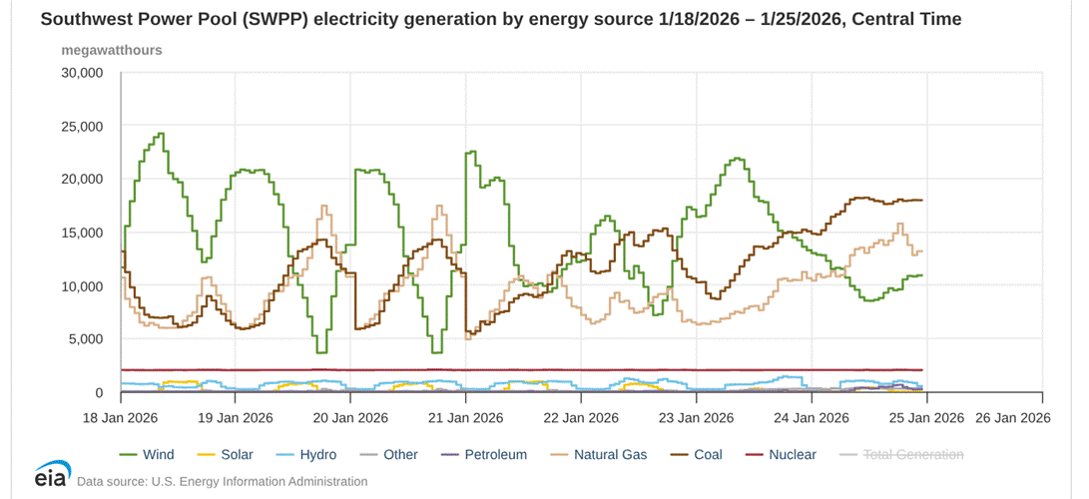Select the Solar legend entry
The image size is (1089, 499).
pos(237,454)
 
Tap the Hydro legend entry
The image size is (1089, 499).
pos(317,454)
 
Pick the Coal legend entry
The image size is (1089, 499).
pos(709,454)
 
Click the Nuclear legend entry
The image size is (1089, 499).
pos(792,454)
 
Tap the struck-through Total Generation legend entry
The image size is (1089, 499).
pos(913,454)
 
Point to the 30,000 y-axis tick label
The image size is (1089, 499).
pos(82,73)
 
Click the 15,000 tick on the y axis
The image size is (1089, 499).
pos(82,233)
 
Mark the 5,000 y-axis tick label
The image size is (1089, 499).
pos(86,339)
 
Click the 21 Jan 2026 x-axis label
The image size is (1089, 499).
pos(466,417)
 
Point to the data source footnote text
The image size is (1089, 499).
pos(222,482)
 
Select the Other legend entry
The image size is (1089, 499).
pos(400,454)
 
